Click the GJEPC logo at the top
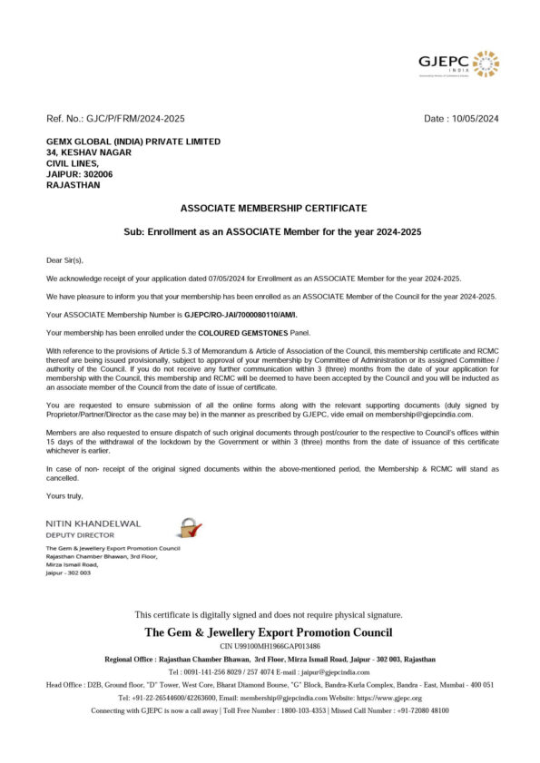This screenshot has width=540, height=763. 457,64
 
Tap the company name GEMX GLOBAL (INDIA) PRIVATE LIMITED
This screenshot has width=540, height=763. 133,142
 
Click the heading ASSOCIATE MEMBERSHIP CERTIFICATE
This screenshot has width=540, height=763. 273,208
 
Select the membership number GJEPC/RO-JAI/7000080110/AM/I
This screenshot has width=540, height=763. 240,315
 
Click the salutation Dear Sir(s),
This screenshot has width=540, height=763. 64,259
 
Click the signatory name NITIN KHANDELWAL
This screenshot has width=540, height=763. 93,523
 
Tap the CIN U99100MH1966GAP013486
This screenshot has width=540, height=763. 270,645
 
